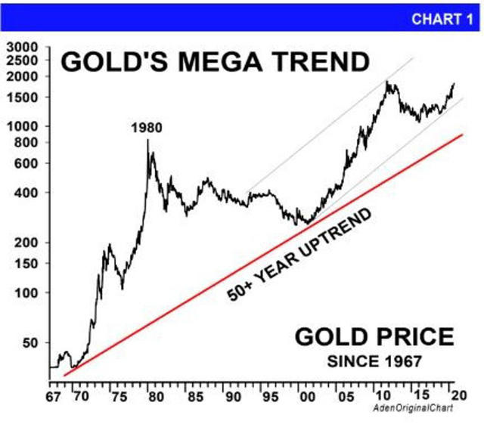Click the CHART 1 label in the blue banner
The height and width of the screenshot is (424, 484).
pos(441,19)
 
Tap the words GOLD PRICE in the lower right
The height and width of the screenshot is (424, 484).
pos(374,336)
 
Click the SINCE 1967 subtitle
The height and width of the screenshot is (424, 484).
pos(374,362)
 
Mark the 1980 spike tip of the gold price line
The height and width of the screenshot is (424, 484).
pos(148,140)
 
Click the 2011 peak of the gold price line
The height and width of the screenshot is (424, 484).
pos(388,82)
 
